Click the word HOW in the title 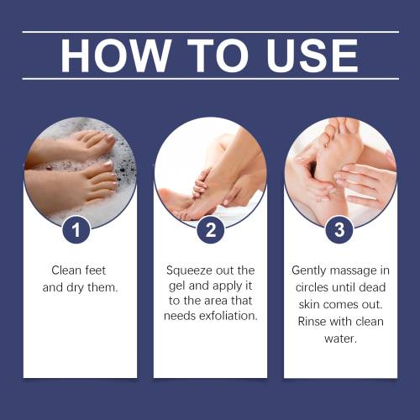click(116, 55)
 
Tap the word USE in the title click(312, 55)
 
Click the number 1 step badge click(76, 229)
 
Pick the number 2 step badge click(211, 229)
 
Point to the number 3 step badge click(339, 229)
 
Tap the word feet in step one click(96, 270)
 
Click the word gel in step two click(176, 286)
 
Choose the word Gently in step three click(309, 270)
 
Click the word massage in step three click(354, 271)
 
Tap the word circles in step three click(312, 287)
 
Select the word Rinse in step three click(311, 322)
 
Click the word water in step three click(340, 339)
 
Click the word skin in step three click(309, 304)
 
